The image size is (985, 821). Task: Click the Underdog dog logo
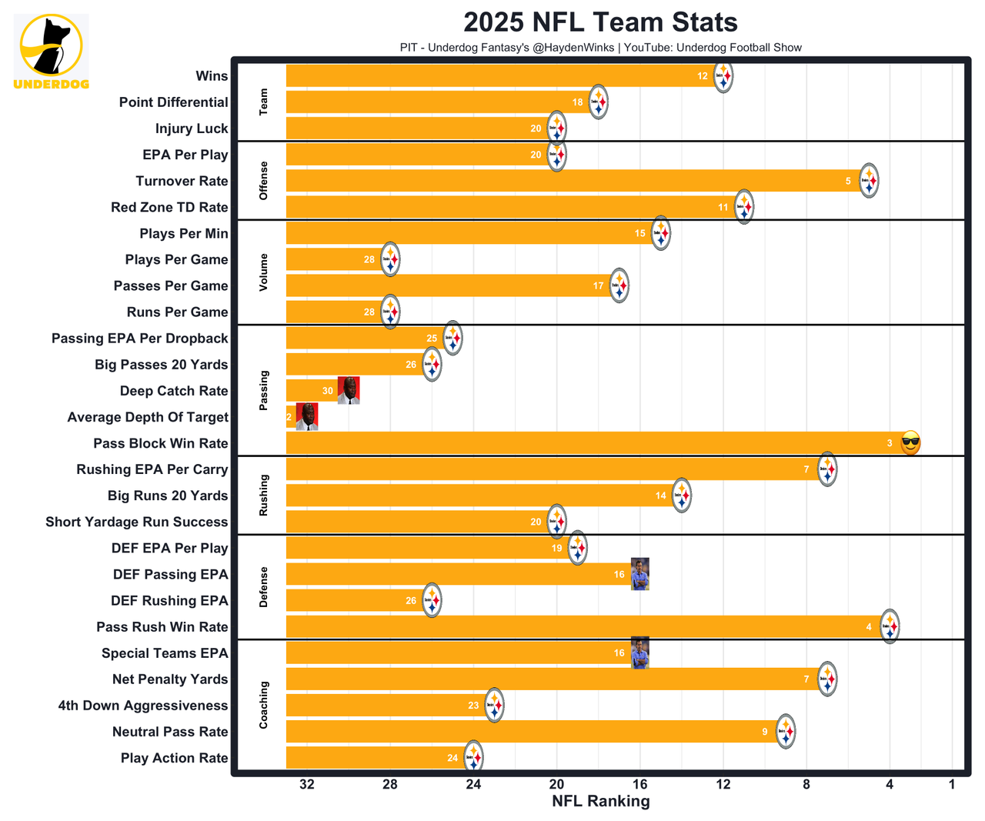[51, 46]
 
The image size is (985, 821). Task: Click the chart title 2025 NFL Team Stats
[600, 22]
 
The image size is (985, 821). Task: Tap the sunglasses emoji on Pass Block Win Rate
[910, 442]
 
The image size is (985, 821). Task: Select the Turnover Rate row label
[182, 181]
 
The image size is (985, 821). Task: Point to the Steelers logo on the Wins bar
[723, 77]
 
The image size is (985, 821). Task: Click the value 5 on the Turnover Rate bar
[848, 182]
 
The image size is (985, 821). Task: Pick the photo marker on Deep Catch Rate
[349, 391]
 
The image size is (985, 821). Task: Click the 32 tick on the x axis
[307, 784]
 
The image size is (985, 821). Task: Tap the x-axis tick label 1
[952, 784]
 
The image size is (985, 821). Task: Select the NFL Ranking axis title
[600, 801]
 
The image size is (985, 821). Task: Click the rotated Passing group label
[264, 390]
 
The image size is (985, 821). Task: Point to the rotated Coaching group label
[264, 705]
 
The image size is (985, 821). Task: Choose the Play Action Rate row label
[174, 758]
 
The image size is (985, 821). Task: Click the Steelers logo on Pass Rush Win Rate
[890, 626]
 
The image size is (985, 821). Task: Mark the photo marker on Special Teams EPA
[639, 653]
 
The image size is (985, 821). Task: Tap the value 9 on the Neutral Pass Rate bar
[765, 732]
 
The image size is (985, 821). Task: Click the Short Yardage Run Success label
[137, 522]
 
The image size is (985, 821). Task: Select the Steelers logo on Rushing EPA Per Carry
[827, 469]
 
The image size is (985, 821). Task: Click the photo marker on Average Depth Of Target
[306, 417]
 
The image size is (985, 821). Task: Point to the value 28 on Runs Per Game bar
[369, 312]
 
